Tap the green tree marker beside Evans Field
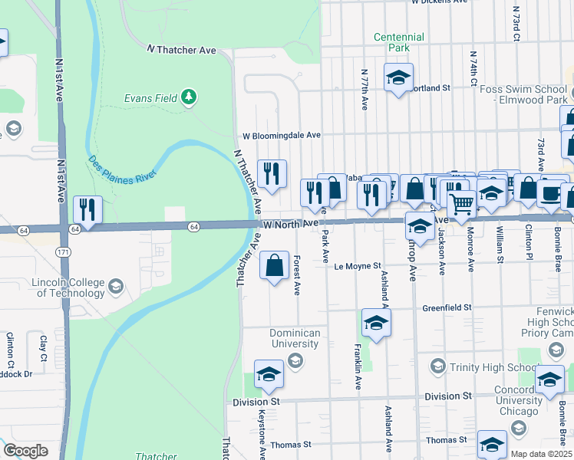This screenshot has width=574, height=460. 189,97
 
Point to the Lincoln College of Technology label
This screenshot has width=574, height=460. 68,287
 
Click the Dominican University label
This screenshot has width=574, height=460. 295,338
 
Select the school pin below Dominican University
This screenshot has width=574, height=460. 269,374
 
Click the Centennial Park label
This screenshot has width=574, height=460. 398,42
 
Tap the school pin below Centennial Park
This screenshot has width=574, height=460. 398,77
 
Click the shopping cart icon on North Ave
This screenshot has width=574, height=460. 461,204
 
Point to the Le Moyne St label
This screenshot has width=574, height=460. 358,267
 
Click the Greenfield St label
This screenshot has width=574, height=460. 446,307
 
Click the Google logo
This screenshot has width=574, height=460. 25,450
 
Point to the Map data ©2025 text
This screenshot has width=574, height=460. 541,454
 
